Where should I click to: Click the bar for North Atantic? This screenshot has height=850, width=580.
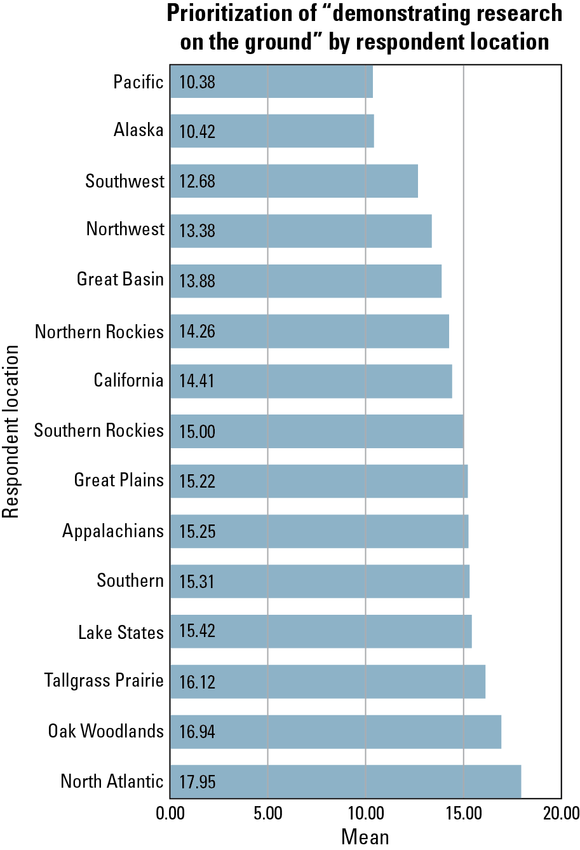pos(346,781)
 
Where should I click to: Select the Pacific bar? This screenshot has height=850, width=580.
pos(271,81)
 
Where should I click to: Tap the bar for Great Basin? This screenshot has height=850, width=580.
pos(306,280)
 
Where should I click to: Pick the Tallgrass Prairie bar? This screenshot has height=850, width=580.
pos(328,682)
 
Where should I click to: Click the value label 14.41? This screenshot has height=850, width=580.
pos(197,381)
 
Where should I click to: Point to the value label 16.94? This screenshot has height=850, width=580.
pos(197,732)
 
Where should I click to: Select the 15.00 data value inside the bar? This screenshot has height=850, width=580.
pos(197,432)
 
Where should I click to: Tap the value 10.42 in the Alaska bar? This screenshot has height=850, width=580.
pos(197,132)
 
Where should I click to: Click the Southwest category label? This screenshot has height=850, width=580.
pos(125,181)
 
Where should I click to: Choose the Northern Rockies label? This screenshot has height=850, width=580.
pos(99,332)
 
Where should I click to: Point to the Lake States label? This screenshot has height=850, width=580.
pos(121,633)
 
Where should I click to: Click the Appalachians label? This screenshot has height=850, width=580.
pos(113,531)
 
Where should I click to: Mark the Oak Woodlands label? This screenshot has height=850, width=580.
pos(105,731)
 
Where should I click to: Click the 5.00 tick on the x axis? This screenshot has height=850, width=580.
pos(268,814)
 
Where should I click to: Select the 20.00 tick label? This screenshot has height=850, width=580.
pos(561,814)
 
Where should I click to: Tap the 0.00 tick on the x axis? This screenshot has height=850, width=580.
pos(170,814)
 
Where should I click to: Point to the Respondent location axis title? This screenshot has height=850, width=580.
pos(11,432)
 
